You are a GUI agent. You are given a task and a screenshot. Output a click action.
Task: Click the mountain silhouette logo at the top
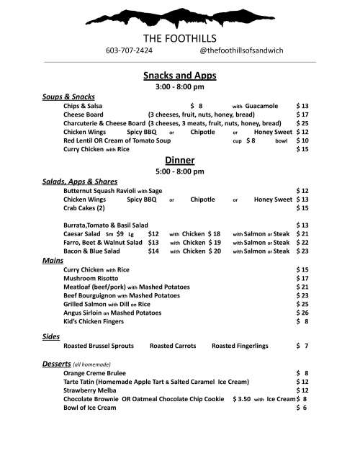pyautogui.click(x=180, y=15)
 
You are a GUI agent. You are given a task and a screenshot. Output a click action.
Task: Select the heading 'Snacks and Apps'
pyautogui.click(x=180, y=75)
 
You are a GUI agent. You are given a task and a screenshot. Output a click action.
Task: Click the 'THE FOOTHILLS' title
pyautogui.click(x=180, y=37)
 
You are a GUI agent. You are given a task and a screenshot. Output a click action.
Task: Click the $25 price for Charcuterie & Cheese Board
pyautogui.click(x=302, y=123)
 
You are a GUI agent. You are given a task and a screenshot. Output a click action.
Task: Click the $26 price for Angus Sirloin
pyautogui.click(x=302, y=313)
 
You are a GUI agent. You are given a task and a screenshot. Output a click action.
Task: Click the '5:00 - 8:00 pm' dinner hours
pyautogui.click(x=180, y=171)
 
